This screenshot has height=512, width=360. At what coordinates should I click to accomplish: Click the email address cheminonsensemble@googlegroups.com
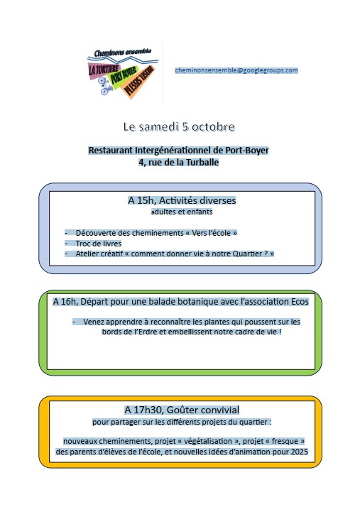[236, 70]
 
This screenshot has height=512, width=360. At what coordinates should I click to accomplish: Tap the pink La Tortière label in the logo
[103, 69]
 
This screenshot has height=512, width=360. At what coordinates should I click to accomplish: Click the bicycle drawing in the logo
[104, 85]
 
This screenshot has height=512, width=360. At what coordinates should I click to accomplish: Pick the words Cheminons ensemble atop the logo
[123, 53]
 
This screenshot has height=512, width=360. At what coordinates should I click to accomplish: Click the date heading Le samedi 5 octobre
[179, 126]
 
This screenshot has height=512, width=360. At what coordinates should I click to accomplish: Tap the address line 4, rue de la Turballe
[179, 163]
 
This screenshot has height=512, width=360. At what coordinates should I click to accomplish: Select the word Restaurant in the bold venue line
[111, 151]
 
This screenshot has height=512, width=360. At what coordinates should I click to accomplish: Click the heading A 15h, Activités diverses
[182, 200]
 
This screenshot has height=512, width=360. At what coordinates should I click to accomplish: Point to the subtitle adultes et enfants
[182, 212]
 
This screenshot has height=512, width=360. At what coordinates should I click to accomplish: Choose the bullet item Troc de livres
[99, 244]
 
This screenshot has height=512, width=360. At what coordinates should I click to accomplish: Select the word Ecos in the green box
[300, 301]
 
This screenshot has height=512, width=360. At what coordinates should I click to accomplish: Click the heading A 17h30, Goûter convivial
[182, 410]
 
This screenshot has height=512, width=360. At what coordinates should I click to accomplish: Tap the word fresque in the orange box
[285, 441]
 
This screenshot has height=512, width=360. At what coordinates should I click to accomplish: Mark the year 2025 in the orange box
[300, 452]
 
